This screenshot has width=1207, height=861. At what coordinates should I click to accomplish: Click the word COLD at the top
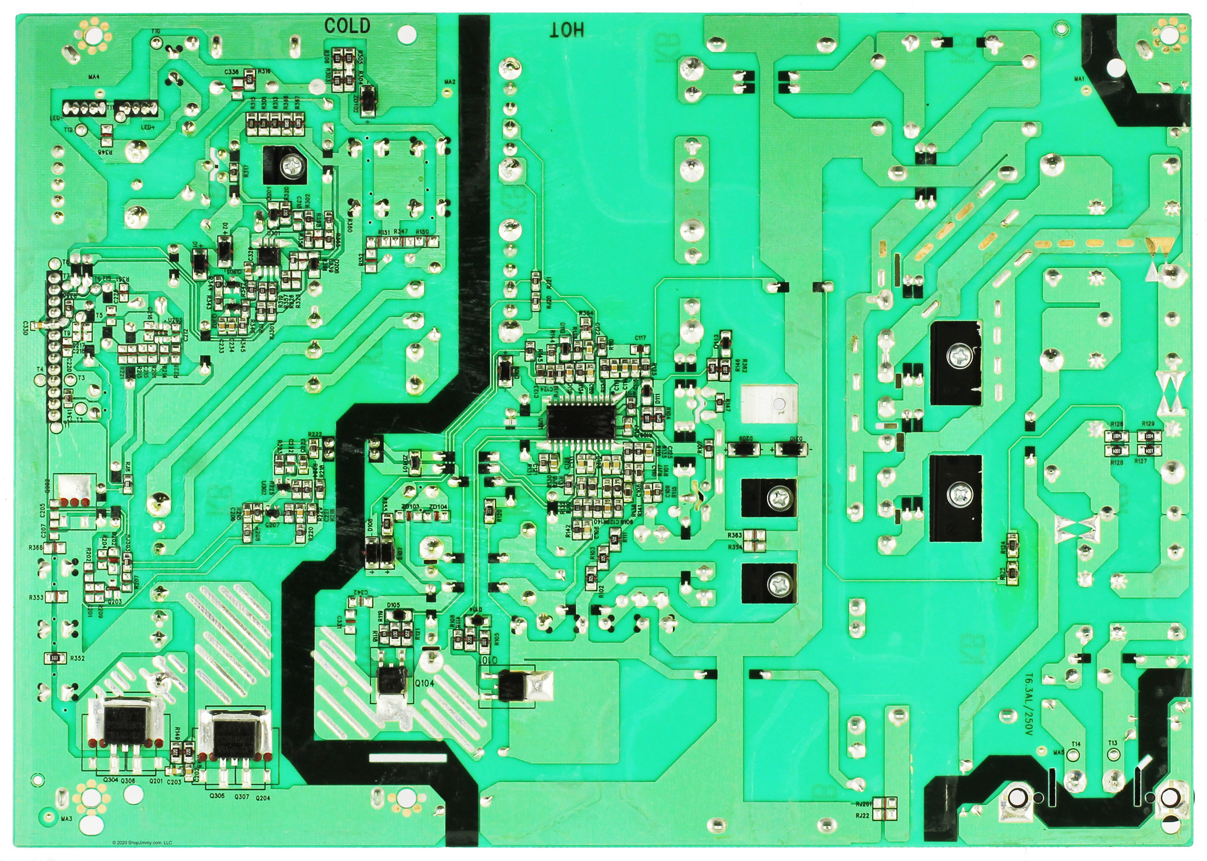pos(347,26)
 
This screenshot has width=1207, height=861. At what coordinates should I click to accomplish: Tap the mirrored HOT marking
pos(567,30)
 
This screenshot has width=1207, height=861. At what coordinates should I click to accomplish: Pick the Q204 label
pos(263,798)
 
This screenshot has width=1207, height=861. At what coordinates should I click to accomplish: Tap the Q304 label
pos(110,780)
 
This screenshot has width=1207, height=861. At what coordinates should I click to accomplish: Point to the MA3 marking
pos(66,819)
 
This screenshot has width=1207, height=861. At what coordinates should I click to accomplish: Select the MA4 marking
pos(94,77)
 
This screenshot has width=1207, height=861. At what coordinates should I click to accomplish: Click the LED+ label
pos(148,127)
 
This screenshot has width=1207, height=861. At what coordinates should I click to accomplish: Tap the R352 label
pos(77,658)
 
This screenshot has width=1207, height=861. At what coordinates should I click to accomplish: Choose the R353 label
pos(36,597)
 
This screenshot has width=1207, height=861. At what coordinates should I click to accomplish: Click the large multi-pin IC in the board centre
pos(581,421)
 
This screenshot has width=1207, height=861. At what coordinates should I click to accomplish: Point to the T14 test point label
pos(1075,744)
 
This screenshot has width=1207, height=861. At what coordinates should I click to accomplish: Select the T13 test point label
pos(1112,743)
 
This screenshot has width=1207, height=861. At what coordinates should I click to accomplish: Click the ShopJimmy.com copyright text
pos(142,843)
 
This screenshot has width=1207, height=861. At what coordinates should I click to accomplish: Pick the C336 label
pos(231,72)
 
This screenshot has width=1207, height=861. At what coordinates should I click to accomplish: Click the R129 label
pos(1148,424)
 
